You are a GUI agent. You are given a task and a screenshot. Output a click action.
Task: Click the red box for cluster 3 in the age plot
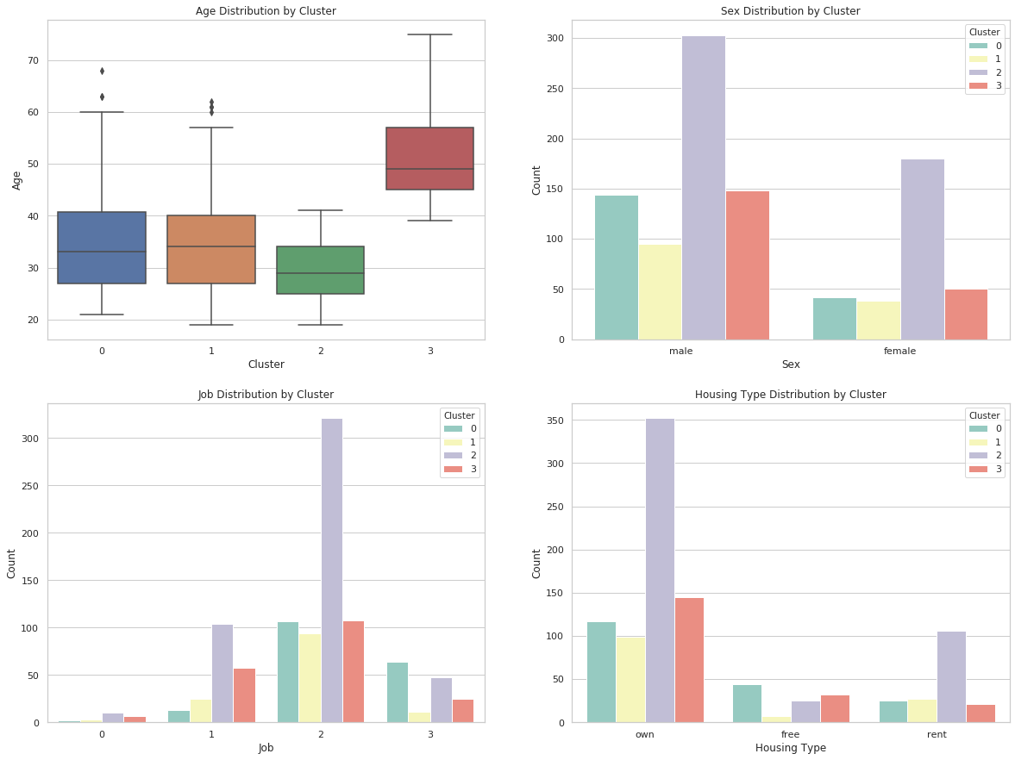[x=429, y=159]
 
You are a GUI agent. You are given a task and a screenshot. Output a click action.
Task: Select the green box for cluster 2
[x=320, y=270]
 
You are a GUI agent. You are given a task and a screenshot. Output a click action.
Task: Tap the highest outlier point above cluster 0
[x=102, y=71]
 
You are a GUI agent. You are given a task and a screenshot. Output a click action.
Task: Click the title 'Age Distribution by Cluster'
[x=266, y=11]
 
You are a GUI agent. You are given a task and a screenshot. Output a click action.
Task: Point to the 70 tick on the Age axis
[x=32, y=60]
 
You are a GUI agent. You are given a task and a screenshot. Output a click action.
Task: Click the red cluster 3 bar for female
[x=966, y=315]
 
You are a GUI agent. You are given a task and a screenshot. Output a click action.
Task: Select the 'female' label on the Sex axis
[x=899, y=352]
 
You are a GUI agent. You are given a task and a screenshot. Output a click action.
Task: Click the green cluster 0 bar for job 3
[x=397, y=692]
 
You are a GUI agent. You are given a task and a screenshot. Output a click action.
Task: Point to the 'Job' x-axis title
[x=266, y=748]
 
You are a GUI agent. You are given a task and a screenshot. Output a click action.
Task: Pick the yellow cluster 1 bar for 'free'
[x=776, y=720]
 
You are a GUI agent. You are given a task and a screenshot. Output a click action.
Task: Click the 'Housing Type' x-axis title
[x=790, y=748]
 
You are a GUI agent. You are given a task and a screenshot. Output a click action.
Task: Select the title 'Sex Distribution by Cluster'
[x=790, y=11]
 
